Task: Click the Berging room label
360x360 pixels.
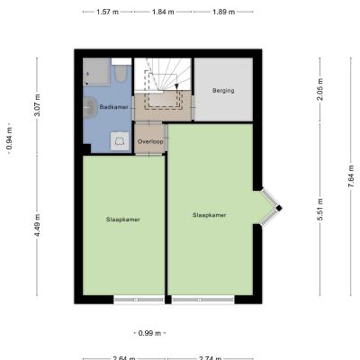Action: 223,90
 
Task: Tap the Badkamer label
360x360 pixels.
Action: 114,107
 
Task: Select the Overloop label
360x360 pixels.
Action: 150,141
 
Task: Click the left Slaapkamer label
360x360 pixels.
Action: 123,220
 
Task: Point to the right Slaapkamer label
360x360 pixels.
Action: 209,215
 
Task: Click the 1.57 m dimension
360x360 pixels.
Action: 107,12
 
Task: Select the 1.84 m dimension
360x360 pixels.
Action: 163,12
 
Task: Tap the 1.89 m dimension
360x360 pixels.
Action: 223,12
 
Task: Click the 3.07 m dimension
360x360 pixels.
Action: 37,105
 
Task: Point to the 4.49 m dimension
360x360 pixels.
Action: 37,225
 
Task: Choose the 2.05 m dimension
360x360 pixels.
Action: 320,89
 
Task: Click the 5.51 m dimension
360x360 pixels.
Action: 320,210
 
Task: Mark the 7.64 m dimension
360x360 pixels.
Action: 351,176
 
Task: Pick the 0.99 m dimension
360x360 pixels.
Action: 149,333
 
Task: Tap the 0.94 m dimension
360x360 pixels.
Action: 10,139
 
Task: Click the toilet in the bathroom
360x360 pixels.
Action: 121,71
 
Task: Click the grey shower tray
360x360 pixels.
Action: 96,72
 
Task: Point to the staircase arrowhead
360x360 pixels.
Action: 176,86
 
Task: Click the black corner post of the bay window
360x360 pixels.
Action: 279,208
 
